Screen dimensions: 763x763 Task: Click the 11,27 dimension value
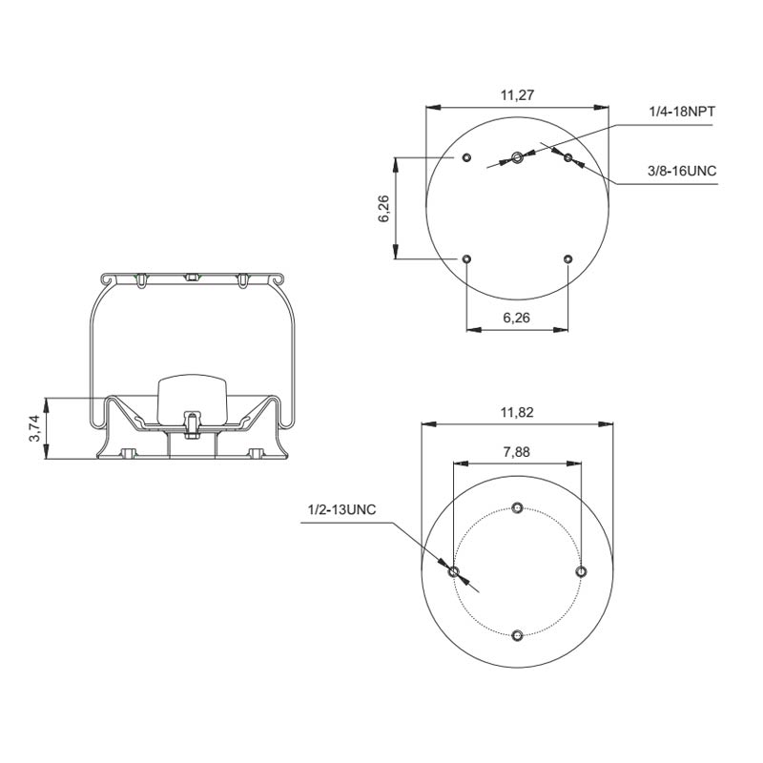pos(516,94)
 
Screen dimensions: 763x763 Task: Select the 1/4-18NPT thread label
pos(682,113)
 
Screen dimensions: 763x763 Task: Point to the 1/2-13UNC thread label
pos(341,509)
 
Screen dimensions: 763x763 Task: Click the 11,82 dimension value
pos(516,412)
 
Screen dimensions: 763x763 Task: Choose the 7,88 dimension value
pos(516,451)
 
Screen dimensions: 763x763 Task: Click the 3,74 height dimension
pos(35,429)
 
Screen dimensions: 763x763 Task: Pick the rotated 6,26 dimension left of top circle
pos(384,208)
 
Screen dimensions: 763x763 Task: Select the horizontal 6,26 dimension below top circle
pos(516,319)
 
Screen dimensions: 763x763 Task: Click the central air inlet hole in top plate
pos(516,156)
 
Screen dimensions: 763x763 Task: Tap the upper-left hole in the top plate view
pos(465,156)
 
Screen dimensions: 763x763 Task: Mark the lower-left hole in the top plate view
pos(465,258)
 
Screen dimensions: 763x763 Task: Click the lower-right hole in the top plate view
pos(567,258)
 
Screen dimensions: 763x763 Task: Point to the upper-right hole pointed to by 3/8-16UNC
pos(567,156)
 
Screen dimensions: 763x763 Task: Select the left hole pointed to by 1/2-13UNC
pos(454,571)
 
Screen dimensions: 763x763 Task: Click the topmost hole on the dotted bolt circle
pos(517,506)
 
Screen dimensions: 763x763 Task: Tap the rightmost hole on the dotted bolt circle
pos(581,570)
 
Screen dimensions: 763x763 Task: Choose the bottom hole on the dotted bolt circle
pos(517,635)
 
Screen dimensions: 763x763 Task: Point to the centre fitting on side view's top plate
pos(191,278)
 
